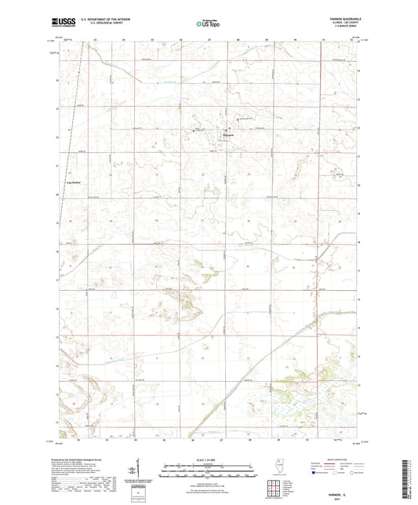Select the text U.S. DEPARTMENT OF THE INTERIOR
point(110,20)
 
